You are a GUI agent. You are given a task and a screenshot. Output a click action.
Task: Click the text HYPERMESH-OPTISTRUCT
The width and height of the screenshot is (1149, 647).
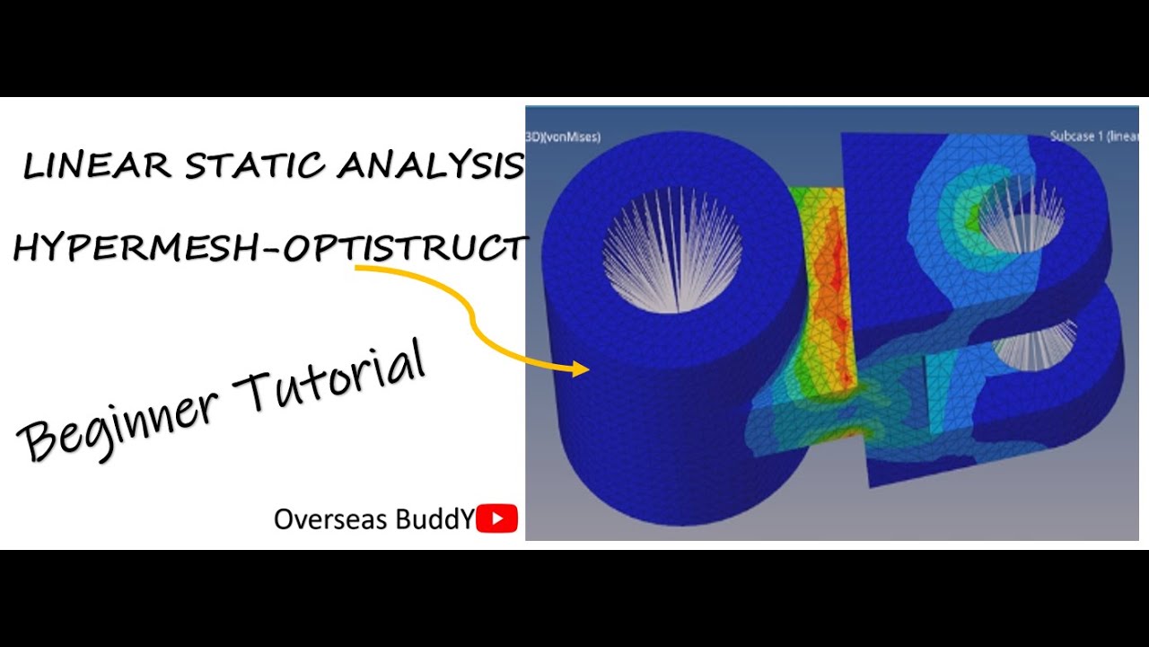pos(269,246)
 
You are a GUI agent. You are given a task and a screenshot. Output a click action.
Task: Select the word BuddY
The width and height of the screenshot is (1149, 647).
pos(435,519)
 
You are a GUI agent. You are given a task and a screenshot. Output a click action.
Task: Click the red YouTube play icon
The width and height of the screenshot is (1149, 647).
pos(496,518)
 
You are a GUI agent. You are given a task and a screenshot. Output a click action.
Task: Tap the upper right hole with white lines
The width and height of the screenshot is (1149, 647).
pos(1019,216)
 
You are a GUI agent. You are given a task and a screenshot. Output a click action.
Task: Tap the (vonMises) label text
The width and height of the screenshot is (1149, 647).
pos(563,137)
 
